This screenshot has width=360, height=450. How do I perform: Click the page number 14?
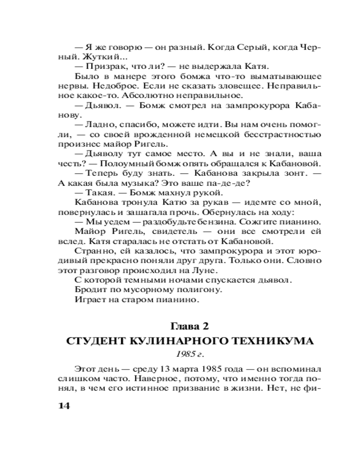click(62, 405)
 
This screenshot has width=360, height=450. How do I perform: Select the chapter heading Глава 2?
click(189, 324)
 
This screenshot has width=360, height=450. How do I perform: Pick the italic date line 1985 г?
click(189, 354)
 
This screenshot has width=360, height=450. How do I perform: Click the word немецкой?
click(208, 134)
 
